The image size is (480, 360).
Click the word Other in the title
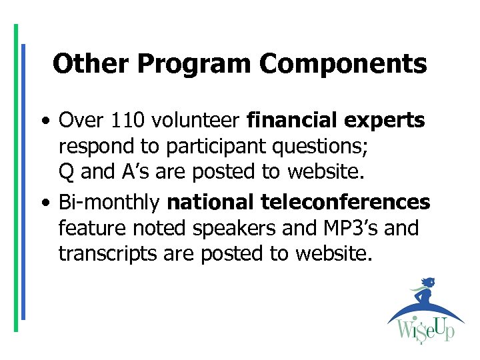tap(83, 64)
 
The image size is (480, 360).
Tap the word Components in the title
tap(343, 64)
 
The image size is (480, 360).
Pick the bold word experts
tap(385, 121)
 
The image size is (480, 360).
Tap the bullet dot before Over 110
tap(43, 121)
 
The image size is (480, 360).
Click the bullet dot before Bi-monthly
tap(43, 202)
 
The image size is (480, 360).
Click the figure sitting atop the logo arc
tap(424, 293)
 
